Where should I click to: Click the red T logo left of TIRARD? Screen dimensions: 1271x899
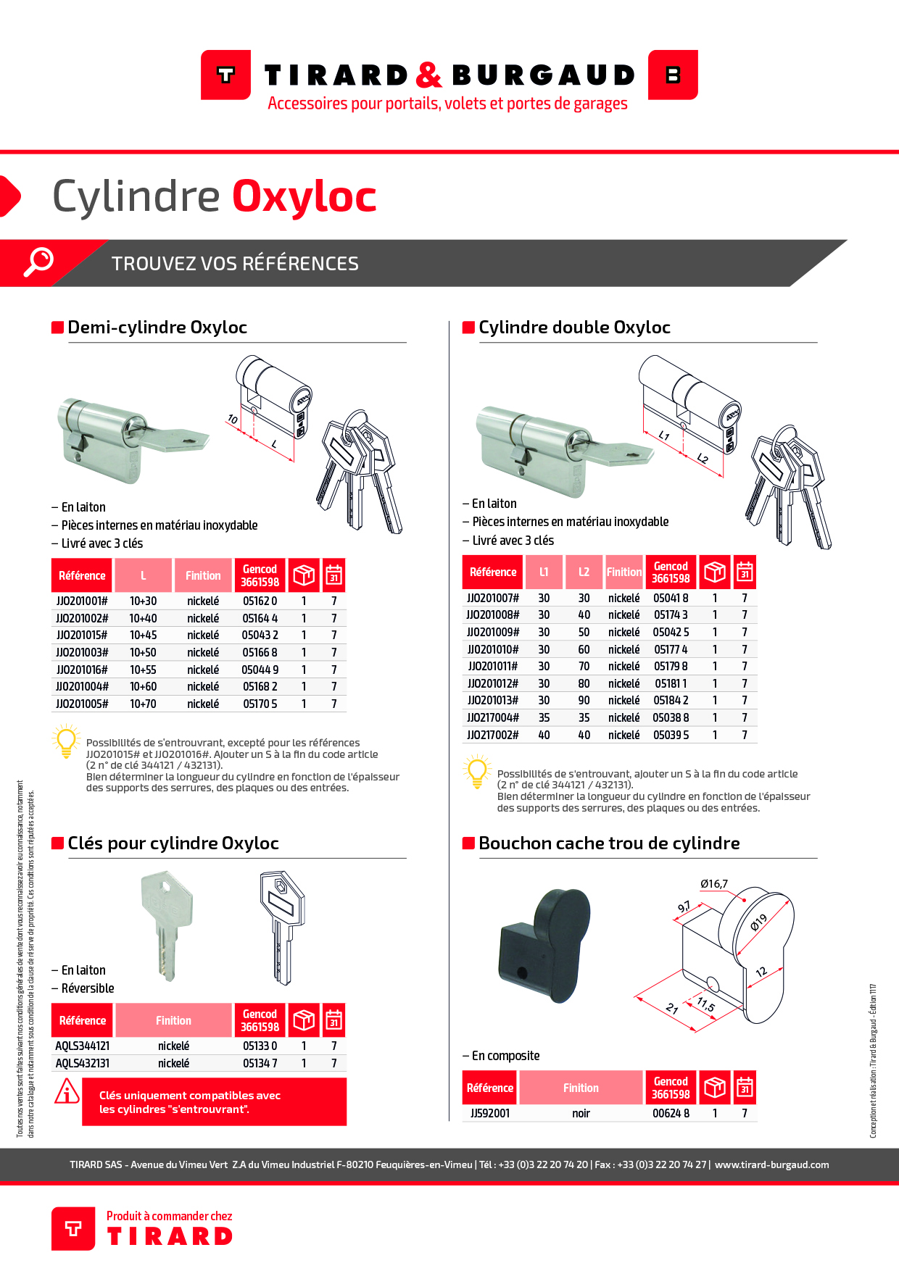[226, 75]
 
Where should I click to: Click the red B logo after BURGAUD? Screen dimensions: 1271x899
[673, 75]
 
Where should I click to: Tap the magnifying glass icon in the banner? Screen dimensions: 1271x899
[38, 262]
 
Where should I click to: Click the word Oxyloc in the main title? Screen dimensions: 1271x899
[304, 196]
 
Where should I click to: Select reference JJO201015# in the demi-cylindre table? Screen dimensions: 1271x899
[82, 635]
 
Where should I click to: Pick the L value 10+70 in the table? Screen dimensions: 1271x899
[143, 704]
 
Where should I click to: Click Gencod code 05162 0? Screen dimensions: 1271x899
[260, 601]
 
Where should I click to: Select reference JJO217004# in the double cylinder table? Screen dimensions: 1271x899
[493, 718]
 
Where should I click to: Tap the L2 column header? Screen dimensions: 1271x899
[584, 572]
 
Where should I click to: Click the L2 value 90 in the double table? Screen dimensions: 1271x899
[584, 701]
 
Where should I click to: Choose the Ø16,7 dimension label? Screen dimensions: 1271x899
[713, 884]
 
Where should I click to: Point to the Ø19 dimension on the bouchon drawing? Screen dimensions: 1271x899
[758, 922]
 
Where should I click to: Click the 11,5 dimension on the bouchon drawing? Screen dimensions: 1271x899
[706, 1005]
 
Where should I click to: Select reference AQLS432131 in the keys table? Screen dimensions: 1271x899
[83, 1064]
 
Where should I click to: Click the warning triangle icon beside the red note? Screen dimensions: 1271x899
[67, 1092]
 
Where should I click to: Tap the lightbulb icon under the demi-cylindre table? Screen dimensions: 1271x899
[66, 741]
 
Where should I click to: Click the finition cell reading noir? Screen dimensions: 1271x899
[581, 1114]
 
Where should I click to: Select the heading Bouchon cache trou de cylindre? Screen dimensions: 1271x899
[609, 843]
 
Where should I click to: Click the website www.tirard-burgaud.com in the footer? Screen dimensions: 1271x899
[771, 1165]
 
